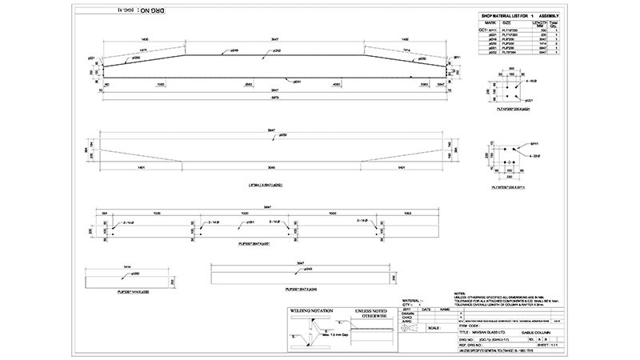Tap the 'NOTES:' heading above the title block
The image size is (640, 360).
458,293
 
